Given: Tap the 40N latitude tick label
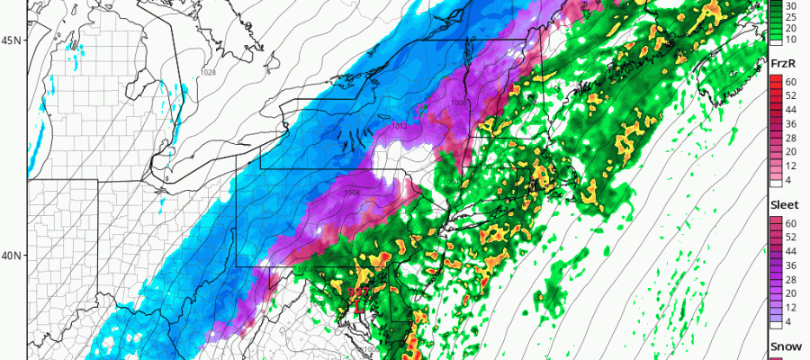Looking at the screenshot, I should (13, 255).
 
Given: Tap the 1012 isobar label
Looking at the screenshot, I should (399, 127).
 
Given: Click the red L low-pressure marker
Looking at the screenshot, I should (358, 307).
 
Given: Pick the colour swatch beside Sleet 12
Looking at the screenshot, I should (773, 294).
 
